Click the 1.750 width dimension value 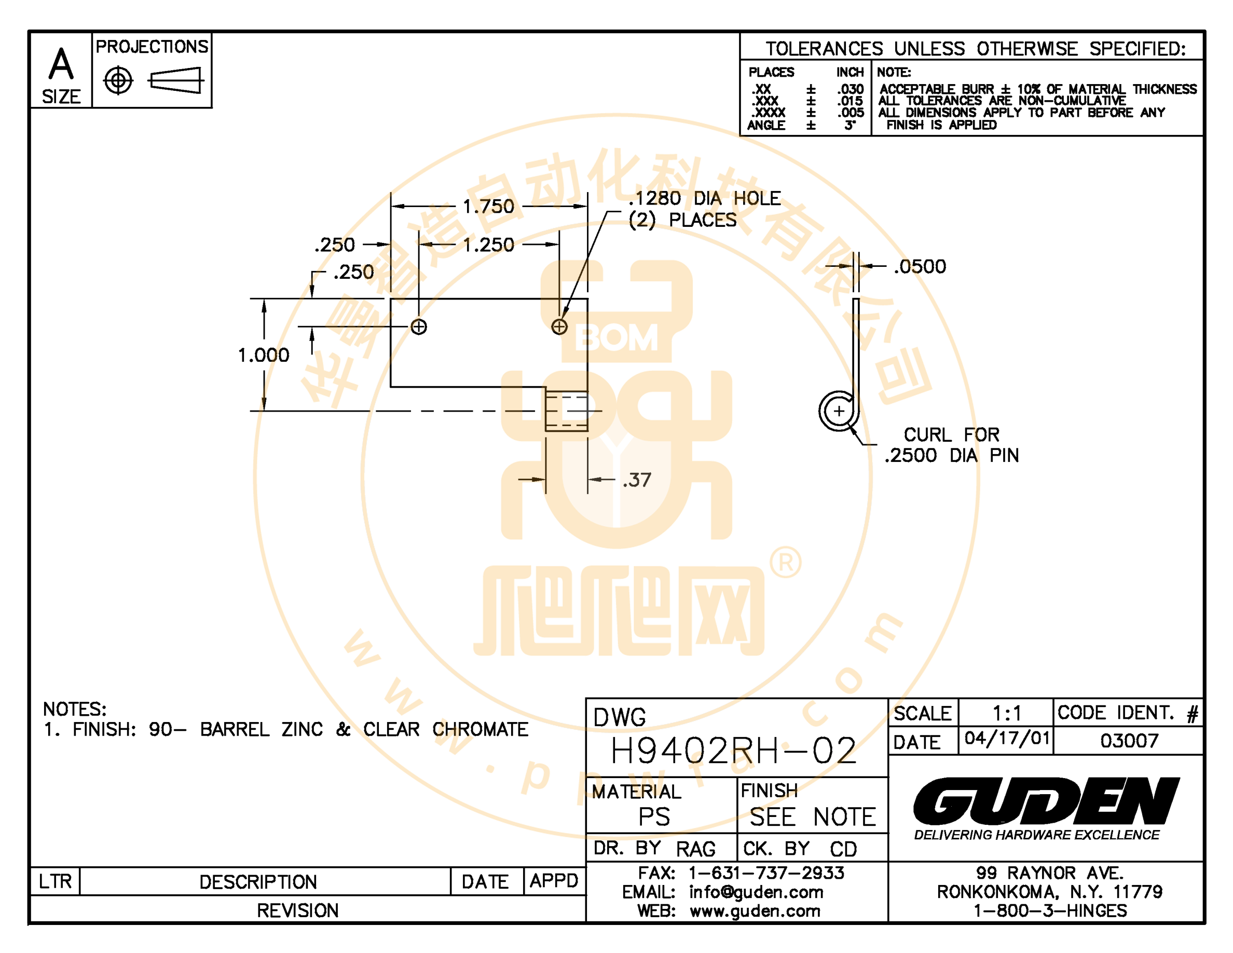pos(488,207)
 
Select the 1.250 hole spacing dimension pos(488,245)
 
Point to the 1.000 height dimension pos(264,355)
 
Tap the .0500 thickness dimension pos(920,266)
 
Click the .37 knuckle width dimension pos(637,480)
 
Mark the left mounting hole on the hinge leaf pos(418,327)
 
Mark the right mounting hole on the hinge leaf pos(559,327)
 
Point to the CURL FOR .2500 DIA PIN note pos(952,445)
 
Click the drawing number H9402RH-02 pos(733,751)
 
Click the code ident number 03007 pos(1129,741)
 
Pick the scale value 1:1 pos(1007,714)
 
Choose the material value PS pos(654,817)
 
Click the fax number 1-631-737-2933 pos(766,874)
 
